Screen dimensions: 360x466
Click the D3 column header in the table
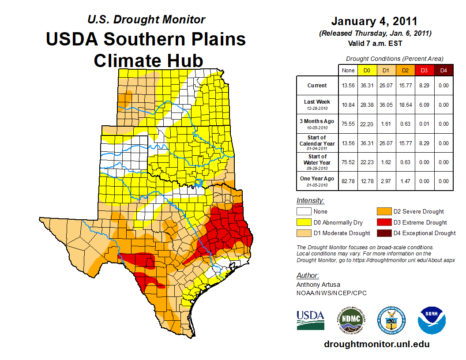click(424, 70)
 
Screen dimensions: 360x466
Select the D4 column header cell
click(443, 70)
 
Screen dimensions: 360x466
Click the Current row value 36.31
click(367, 86)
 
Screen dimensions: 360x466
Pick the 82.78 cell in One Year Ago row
click(348, 181)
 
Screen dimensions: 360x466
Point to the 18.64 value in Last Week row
click(405, 105)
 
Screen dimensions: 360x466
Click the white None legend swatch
click(304, 212)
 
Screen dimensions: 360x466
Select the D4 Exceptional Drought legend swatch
click(384, 233)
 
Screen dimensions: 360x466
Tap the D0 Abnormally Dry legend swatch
click(304, 222)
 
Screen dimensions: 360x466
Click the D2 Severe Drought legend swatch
click(384, 212)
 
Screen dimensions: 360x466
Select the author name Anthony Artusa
click(318, 285)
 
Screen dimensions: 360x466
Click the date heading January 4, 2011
click(374, 21)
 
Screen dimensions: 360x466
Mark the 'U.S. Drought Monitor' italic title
click(146, 19)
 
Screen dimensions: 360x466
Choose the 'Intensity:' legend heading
click(310, 201)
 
